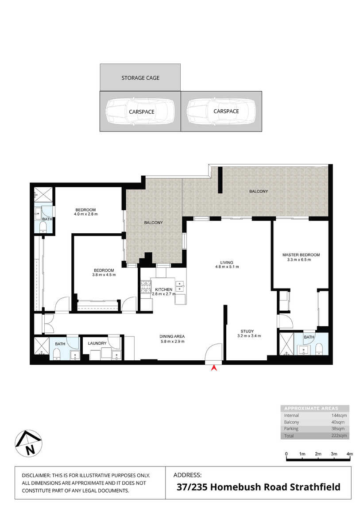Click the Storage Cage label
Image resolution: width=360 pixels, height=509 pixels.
point(140,78)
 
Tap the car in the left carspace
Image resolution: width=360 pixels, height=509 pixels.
point(140,112)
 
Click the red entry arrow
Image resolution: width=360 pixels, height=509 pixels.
point(214,368)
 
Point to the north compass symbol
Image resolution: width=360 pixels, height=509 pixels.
point(29,443)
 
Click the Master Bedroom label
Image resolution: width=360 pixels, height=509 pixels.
point(301,255)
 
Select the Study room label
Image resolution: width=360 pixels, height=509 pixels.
point(248,332)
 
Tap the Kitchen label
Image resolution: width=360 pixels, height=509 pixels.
point(163,289)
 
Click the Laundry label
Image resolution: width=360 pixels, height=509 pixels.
point(97,343)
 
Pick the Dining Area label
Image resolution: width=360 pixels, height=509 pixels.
point(172,337)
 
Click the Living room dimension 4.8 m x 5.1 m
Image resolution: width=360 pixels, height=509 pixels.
point(227,267)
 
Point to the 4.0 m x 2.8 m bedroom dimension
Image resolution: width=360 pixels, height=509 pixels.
point(86,214)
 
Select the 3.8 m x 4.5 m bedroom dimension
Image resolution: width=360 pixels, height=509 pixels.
point(104,274)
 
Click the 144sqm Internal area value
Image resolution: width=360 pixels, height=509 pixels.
point(339,416)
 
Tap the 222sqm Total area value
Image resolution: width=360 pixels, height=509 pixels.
point(339,436)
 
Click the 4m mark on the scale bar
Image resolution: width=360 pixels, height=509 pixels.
point(350,454)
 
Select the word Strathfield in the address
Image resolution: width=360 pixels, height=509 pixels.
point(315,487)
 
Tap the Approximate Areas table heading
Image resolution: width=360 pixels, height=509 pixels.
point(311,409)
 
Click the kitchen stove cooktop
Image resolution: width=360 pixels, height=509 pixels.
point(144,287)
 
